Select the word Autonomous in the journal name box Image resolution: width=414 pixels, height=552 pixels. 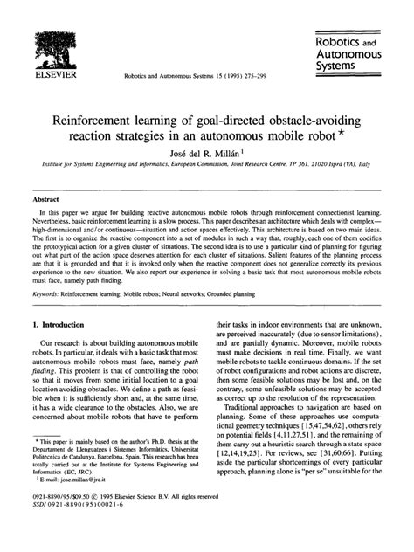353,53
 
